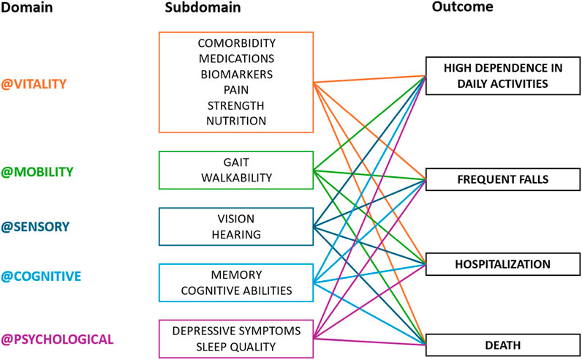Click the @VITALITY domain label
click(x=34, y=84)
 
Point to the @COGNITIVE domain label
click(x=40, y=277)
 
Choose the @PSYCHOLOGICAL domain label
click(x=57, y=339)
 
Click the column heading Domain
click(x=24, y=7)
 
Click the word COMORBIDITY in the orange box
click(x=235, y=42)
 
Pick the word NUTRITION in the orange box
click(x=235, y=120)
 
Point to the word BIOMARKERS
click(x=235, y=73)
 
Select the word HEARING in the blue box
click(x=235, y=233)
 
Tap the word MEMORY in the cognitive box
click(x=235, y=275)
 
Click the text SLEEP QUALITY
click(x=235, y=346)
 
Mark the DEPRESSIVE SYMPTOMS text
click(x=235, y=331)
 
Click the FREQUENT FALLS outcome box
click(x=497, y=179)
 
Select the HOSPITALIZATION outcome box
click(x=497, y=263)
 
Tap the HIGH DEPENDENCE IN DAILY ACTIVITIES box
click(x=497, y=75)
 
